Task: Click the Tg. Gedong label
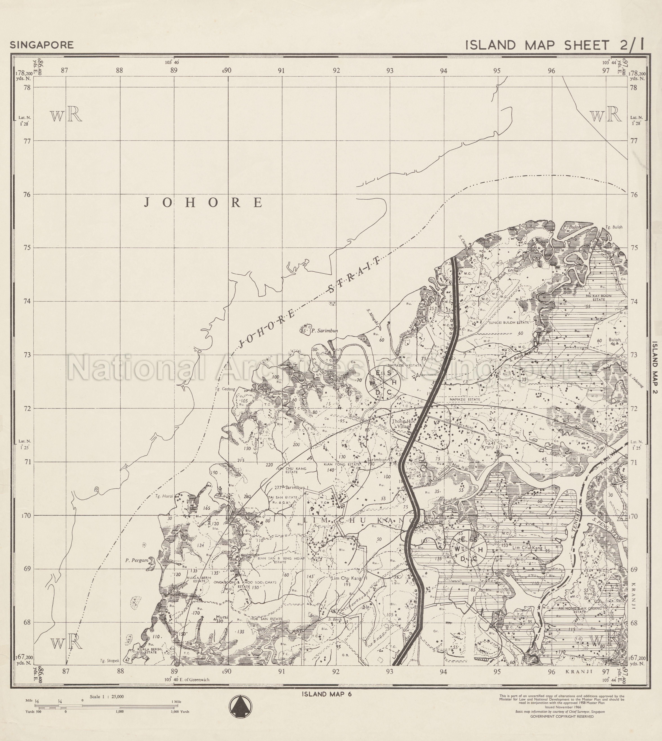(225, 389)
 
